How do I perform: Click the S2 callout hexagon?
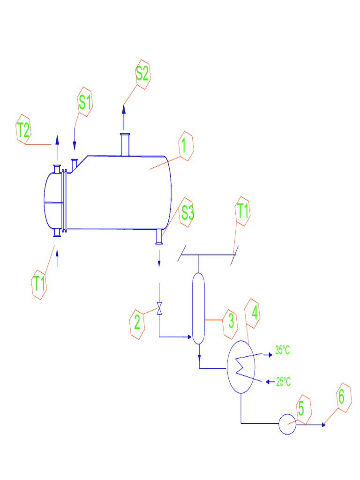point(142,75)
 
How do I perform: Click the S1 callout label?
point(85,101)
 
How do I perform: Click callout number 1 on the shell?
point(185,146)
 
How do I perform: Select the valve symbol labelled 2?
point(159,308)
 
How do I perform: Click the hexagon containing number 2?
point(137,323)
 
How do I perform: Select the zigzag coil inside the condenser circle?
point(242,366)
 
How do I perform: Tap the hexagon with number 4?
point(254,314)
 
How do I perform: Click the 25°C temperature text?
point(283,382)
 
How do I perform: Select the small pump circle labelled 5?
point(287,424)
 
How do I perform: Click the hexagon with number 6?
point(343,398)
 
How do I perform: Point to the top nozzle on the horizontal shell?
point(125,144)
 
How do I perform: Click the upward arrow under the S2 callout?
point(124,117)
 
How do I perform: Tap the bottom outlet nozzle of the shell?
point(159,237)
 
